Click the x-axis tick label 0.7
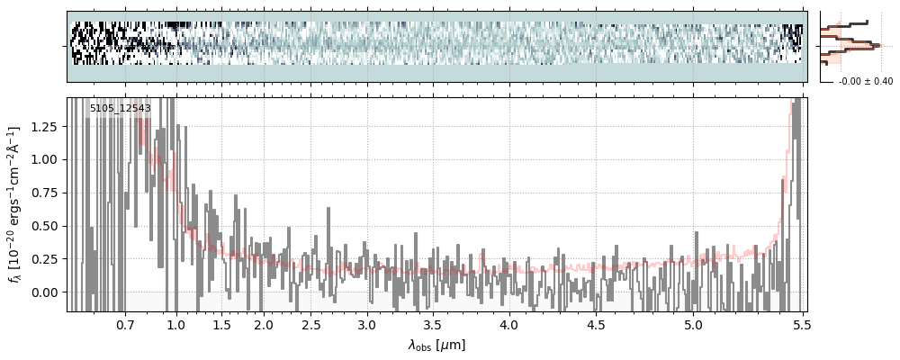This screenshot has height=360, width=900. coord(125,324)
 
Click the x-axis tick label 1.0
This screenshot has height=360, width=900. coord(176,324)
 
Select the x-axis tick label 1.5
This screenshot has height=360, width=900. coord(221,324)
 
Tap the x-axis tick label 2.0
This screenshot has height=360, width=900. coord(263,324)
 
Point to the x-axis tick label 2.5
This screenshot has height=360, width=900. coord(311,324)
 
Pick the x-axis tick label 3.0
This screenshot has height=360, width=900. coord(365,324)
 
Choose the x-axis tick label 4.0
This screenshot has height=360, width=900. coord(509,324)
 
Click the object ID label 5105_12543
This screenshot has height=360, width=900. coord(120,108)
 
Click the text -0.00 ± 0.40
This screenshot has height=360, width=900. coord(865,82)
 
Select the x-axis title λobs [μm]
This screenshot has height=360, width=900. coord(436,345)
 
